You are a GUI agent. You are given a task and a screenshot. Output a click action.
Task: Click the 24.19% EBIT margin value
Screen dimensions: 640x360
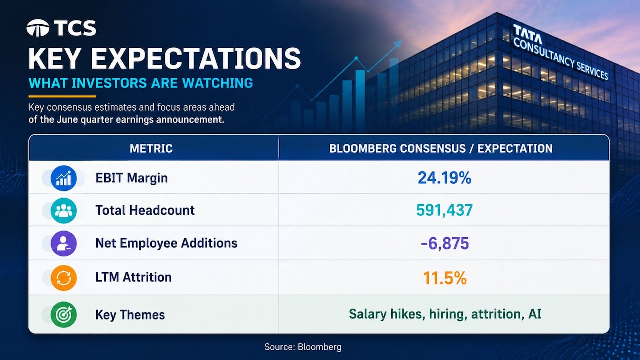[x=444, y=178]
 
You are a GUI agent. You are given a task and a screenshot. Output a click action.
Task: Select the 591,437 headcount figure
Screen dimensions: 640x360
[x=444, y=210]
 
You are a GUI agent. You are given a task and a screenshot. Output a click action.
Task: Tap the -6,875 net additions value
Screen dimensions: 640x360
[x=445, y=243]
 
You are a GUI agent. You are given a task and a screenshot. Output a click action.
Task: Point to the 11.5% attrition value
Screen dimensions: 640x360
[x=445, y=278]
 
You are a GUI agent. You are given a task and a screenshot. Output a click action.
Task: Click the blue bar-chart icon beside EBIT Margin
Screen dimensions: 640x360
[x=63, y=178]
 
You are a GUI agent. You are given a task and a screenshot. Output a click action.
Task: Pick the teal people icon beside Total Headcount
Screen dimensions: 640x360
[x=63, y=211]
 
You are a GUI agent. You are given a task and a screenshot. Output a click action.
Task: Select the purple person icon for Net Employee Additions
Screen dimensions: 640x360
[x=63, y=243]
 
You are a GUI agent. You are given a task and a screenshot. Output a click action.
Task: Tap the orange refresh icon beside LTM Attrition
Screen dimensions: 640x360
[x=63, y=278]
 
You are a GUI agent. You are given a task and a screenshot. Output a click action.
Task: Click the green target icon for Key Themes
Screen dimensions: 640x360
[x=63, y=315]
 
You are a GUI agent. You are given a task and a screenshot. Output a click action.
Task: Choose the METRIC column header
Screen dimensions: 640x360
[x=151, y=149]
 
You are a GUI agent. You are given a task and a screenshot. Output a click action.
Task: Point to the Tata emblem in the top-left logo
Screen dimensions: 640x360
[x=38, y=28]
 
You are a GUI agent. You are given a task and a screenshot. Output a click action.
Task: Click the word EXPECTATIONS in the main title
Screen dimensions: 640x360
[x=196, y=59]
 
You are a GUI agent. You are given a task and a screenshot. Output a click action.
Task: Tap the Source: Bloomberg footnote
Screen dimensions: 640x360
[x=303, y=347]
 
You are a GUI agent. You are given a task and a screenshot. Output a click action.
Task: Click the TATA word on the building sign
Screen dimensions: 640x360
[x=527, y=35]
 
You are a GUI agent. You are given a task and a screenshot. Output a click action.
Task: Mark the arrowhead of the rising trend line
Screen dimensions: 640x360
[x=398, y=44]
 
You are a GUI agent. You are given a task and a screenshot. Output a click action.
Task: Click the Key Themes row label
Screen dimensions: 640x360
[x=130, y=315]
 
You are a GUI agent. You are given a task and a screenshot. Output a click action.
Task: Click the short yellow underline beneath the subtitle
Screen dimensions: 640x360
[x=62, y=96]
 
